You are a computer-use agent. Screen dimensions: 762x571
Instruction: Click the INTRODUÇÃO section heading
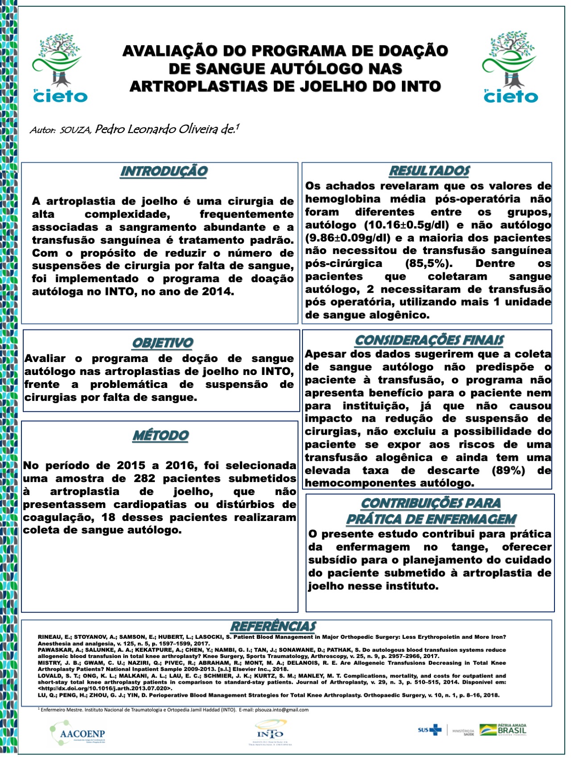click(x=164, y=171)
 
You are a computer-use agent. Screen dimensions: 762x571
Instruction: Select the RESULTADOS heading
click(x=429, y=171)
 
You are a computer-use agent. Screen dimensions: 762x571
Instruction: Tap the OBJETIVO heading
click(x=162, y=343)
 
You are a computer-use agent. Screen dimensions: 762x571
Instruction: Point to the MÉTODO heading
click(x=161, y=436)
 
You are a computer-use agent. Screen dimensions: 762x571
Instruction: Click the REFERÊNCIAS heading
click(x=273, y=626)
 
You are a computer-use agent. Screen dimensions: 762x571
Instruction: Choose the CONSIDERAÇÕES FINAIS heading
click(x=429, y=341)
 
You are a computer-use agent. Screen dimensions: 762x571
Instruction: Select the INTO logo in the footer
click(x=270, y=733)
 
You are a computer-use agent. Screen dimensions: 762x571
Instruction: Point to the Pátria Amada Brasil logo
click(x=503, y=730)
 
